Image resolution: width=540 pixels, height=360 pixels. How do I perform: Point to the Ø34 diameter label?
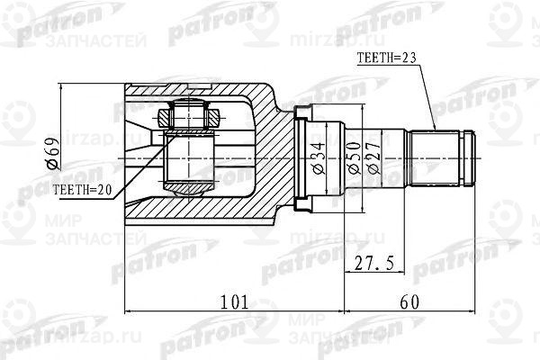pos(317,156)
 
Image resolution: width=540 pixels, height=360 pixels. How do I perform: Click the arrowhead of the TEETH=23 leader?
pos(433,130)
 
